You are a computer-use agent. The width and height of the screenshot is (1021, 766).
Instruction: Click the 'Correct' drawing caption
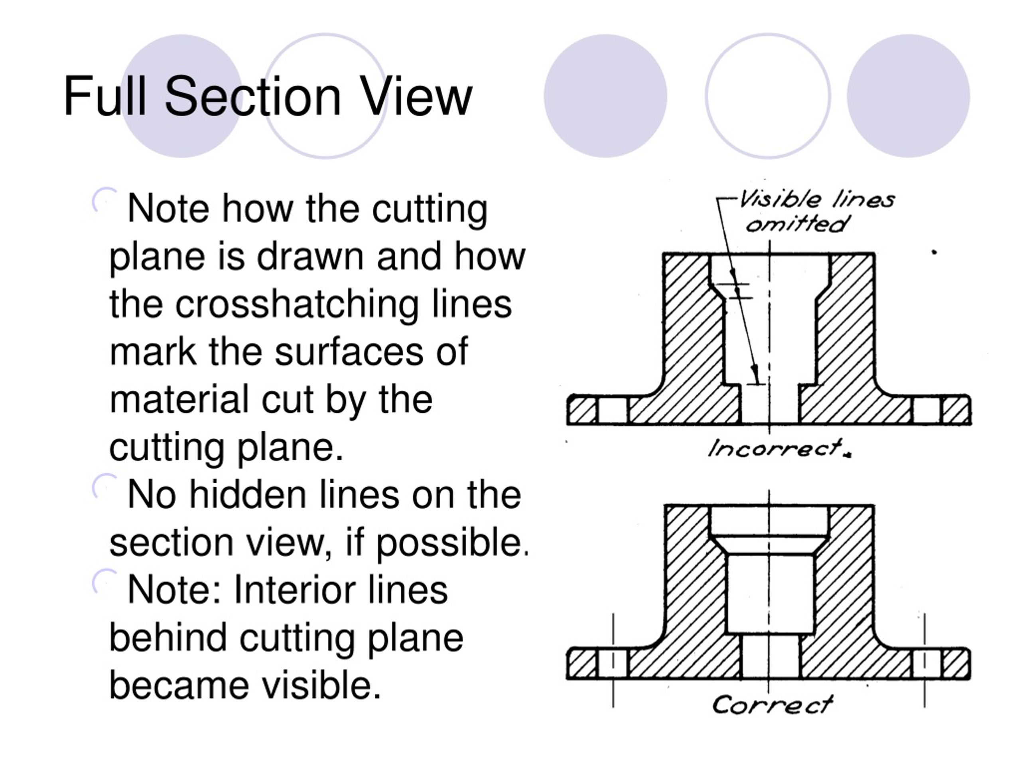[772, 705]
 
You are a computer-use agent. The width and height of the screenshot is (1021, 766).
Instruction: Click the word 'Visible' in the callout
[781, 199]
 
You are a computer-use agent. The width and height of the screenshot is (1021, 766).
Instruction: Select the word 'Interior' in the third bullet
[294, 590]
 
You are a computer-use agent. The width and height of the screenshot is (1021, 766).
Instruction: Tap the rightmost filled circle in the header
[908, 96]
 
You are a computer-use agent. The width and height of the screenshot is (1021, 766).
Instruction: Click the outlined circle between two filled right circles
[768, 96]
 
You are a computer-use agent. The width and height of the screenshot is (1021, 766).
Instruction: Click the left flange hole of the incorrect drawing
[613, 410]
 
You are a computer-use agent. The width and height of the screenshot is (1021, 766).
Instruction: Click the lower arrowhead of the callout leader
[755, 372]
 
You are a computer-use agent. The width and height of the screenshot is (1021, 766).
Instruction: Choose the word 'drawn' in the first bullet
[310, 257]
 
